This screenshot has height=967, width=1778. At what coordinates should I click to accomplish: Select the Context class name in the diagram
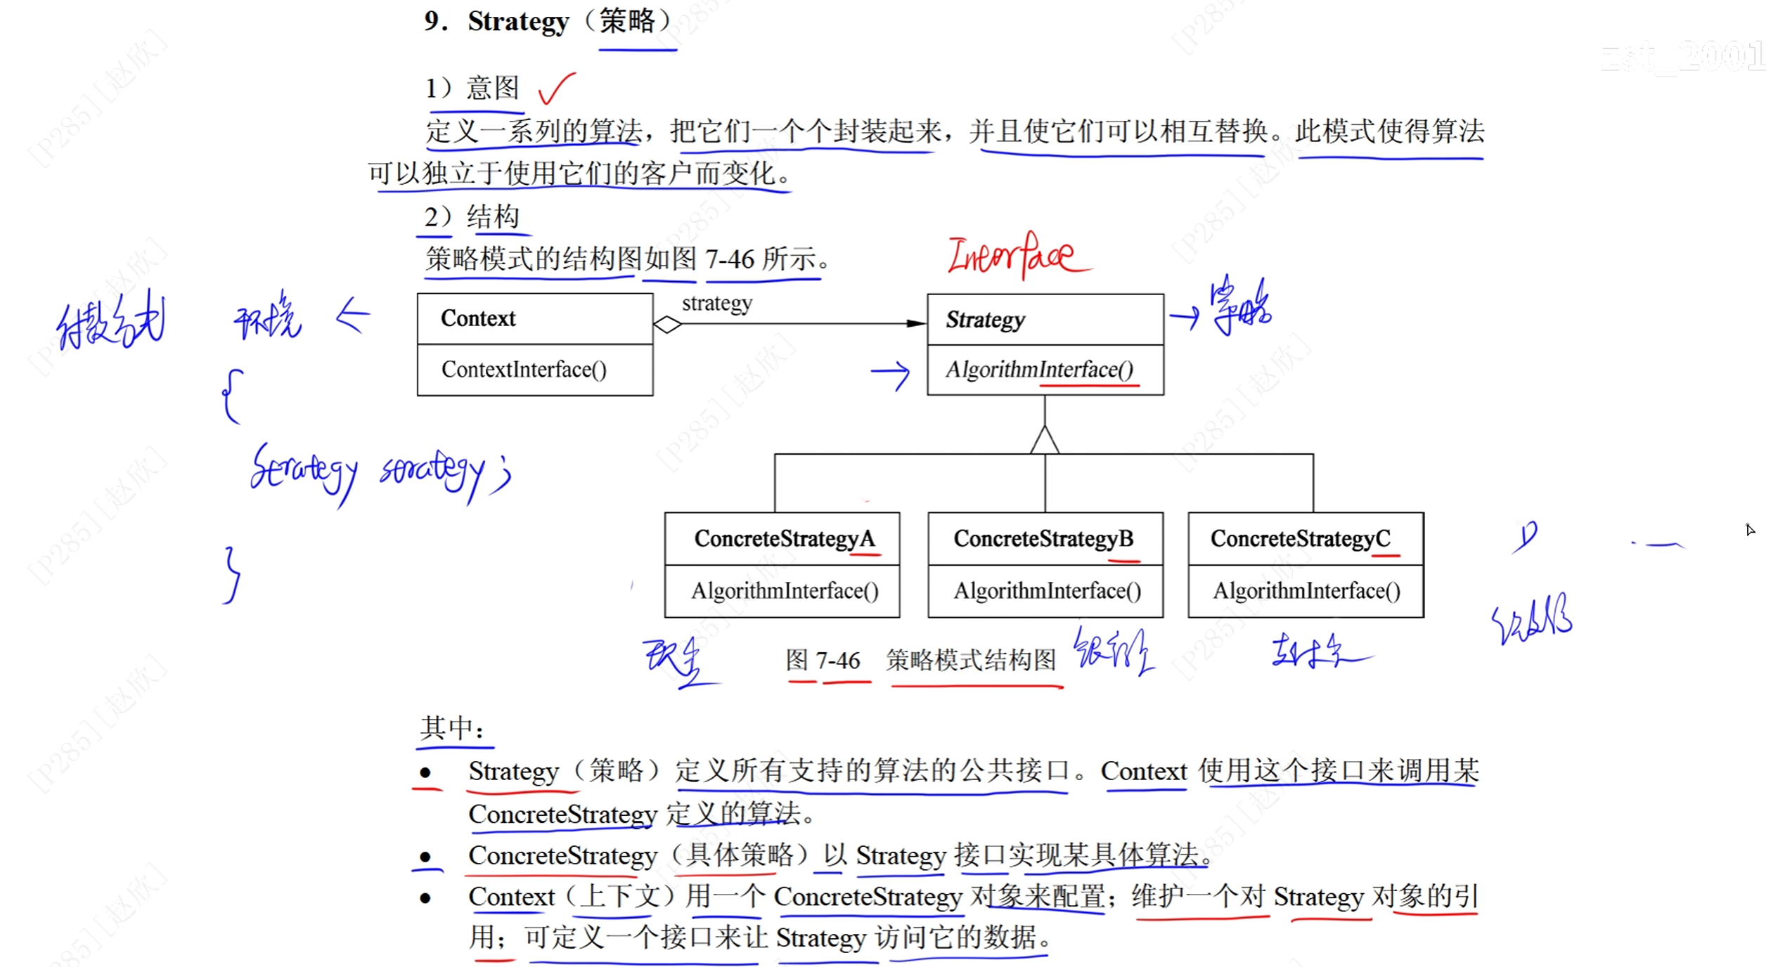tap(478, 318)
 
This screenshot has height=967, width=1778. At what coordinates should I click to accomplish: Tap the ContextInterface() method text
tap(524, 370)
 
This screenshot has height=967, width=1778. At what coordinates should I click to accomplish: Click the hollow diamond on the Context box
tap(667, 325)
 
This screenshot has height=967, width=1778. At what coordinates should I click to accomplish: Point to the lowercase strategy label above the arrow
tap(716, 303)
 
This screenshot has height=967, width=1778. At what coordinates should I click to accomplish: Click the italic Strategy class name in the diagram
tap(985, 320)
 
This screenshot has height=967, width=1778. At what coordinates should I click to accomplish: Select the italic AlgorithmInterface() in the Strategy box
tap(1039, 370)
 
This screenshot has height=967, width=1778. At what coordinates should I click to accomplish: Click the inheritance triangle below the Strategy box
tap(1045, 440)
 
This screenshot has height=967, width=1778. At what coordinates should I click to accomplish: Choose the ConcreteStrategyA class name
tap(784, 539)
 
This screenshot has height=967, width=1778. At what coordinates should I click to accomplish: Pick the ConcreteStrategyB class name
tap(1043, 539)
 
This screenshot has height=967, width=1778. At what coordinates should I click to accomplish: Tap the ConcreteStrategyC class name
tap(1300, 539)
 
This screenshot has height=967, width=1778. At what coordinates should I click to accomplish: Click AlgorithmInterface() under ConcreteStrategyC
tap(1306, 591)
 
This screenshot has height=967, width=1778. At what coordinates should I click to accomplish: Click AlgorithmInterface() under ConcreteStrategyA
tap(785, 591)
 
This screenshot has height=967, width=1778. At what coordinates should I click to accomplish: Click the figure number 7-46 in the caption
tap(837, 661)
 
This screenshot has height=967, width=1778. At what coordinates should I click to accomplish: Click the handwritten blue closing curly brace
tap(232, 575)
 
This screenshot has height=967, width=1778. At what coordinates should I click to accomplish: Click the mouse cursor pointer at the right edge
tap(1749, 529)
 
